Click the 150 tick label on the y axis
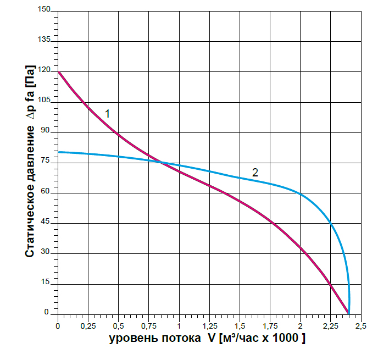45,10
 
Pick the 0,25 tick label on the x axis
88,326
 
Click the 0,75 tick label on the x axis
148,326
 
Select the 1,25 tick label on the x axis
209,326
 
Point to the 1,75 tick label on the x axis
270,326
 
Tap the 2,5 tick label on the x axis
360,326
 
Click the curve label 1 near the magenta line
108,114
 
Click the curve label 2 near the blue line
255,172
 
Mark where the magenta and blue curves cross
161,162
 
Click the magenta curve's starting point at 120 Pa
58,72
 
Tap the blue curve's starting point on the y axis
58,152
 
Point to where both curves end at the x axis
348,313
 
